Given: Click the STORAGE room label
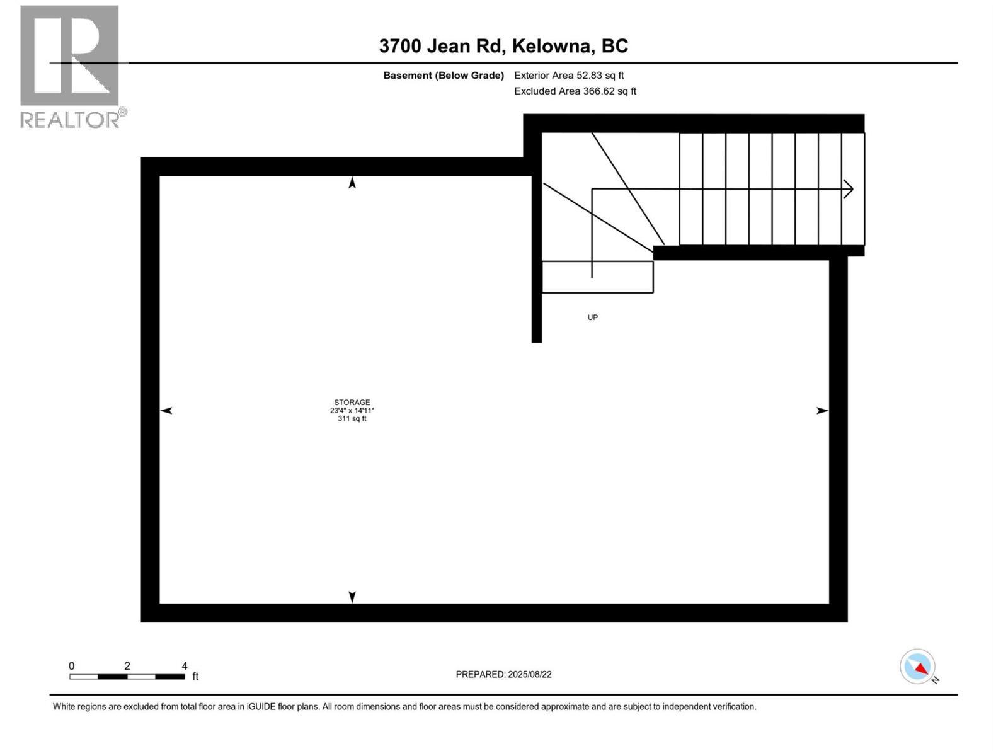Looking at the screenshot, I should click(352, 402).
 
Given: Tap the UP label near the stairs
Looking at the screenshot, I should click(592, 318).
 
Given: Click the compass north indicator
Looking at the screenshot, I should click(919, 667).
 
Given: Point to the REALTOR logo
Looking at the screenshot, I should click(70, 67).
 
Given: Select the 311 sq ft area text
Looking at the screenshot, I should click(352, 419).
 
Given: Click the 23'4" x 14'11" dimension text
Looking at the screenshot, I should click(352, 411).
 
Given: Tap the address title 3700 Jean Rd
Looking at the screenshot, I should click(503, 46).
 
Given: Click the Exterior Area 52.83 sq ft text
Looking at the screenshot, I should click(569, 76).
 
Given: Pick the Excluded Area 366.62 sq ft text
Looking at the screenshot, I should click(575, 91).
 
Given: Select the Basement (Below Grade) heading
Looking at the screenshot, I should click(444, 76).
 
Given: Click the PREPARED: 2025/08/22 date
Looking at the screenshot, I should click(503, 674).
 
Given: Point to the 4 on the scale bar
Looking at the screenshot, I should click(185, 666).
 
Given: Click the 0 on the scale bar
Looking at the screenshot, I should click(72, 666).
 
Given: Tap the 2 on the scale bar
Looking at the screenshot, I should click(127, 666).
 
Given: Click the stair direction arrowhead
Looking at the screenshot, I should click(849, 189).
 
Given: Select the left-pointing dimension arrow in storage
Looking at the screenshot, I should click(166, 411).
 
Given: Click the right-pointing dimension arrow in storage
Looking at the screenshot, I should click(822, 411).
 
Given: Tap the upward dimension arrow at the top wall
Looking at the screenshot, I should click(352, 183).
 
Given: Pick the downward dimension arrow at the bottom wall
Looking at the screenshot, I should click(352, 597).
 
